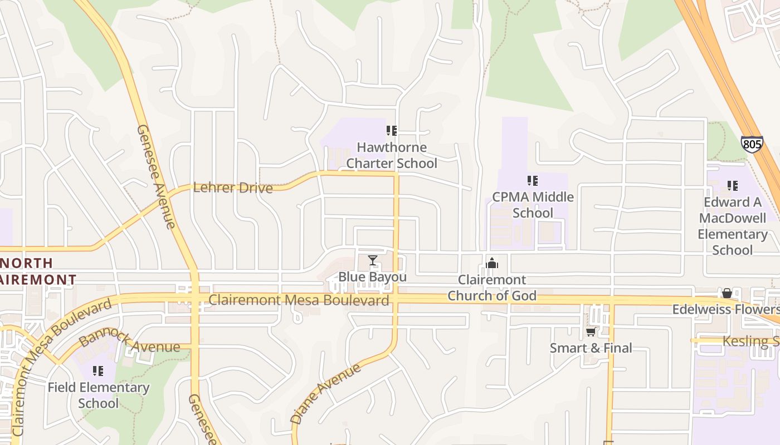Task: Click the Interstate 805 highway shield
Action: click(x=752, y=145)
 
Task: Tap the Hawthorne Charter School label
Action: click(x=392, y=155)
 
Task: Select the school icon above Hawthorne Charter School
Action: click(x=392, y=131)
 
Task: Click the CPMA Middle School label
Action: click(x=533, y=205)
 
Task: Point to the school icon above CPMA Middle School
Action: click(x=533, y=181)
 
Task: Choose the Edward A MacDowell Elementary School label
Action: click(x=733, y=226)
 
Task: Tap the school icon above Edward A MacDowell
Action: click(x=733, y=186)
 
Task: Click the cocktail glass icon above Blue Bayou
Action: click(x=373, y=260)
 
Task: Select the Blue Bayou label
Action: click(x=373, y=277)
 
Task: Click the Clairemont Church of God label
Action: click(x=492, y=288)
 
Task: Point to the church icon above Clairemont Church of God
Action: click(x=492, y=263)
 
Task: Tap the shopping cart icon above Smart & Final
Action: click(x=591, y=332)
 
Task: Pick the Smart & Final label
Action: click(x=591, y=348)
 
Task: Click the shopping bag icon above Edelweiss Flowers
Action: click(x=727, y=293)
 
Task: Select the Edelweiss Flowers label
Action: click(x=725, y=309)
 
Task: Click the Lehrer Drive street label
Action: click(x=233, y=187)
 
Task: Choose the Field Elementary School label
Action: click(x=99, y=395)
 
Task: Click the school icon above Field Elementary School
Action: click(x=99, y=370)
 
